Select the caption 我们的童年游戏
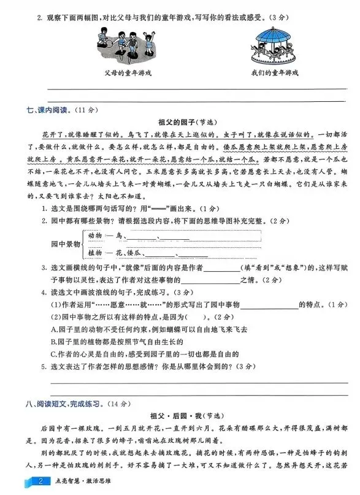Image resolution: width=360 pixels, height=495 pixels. click(x=275, y=72)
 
